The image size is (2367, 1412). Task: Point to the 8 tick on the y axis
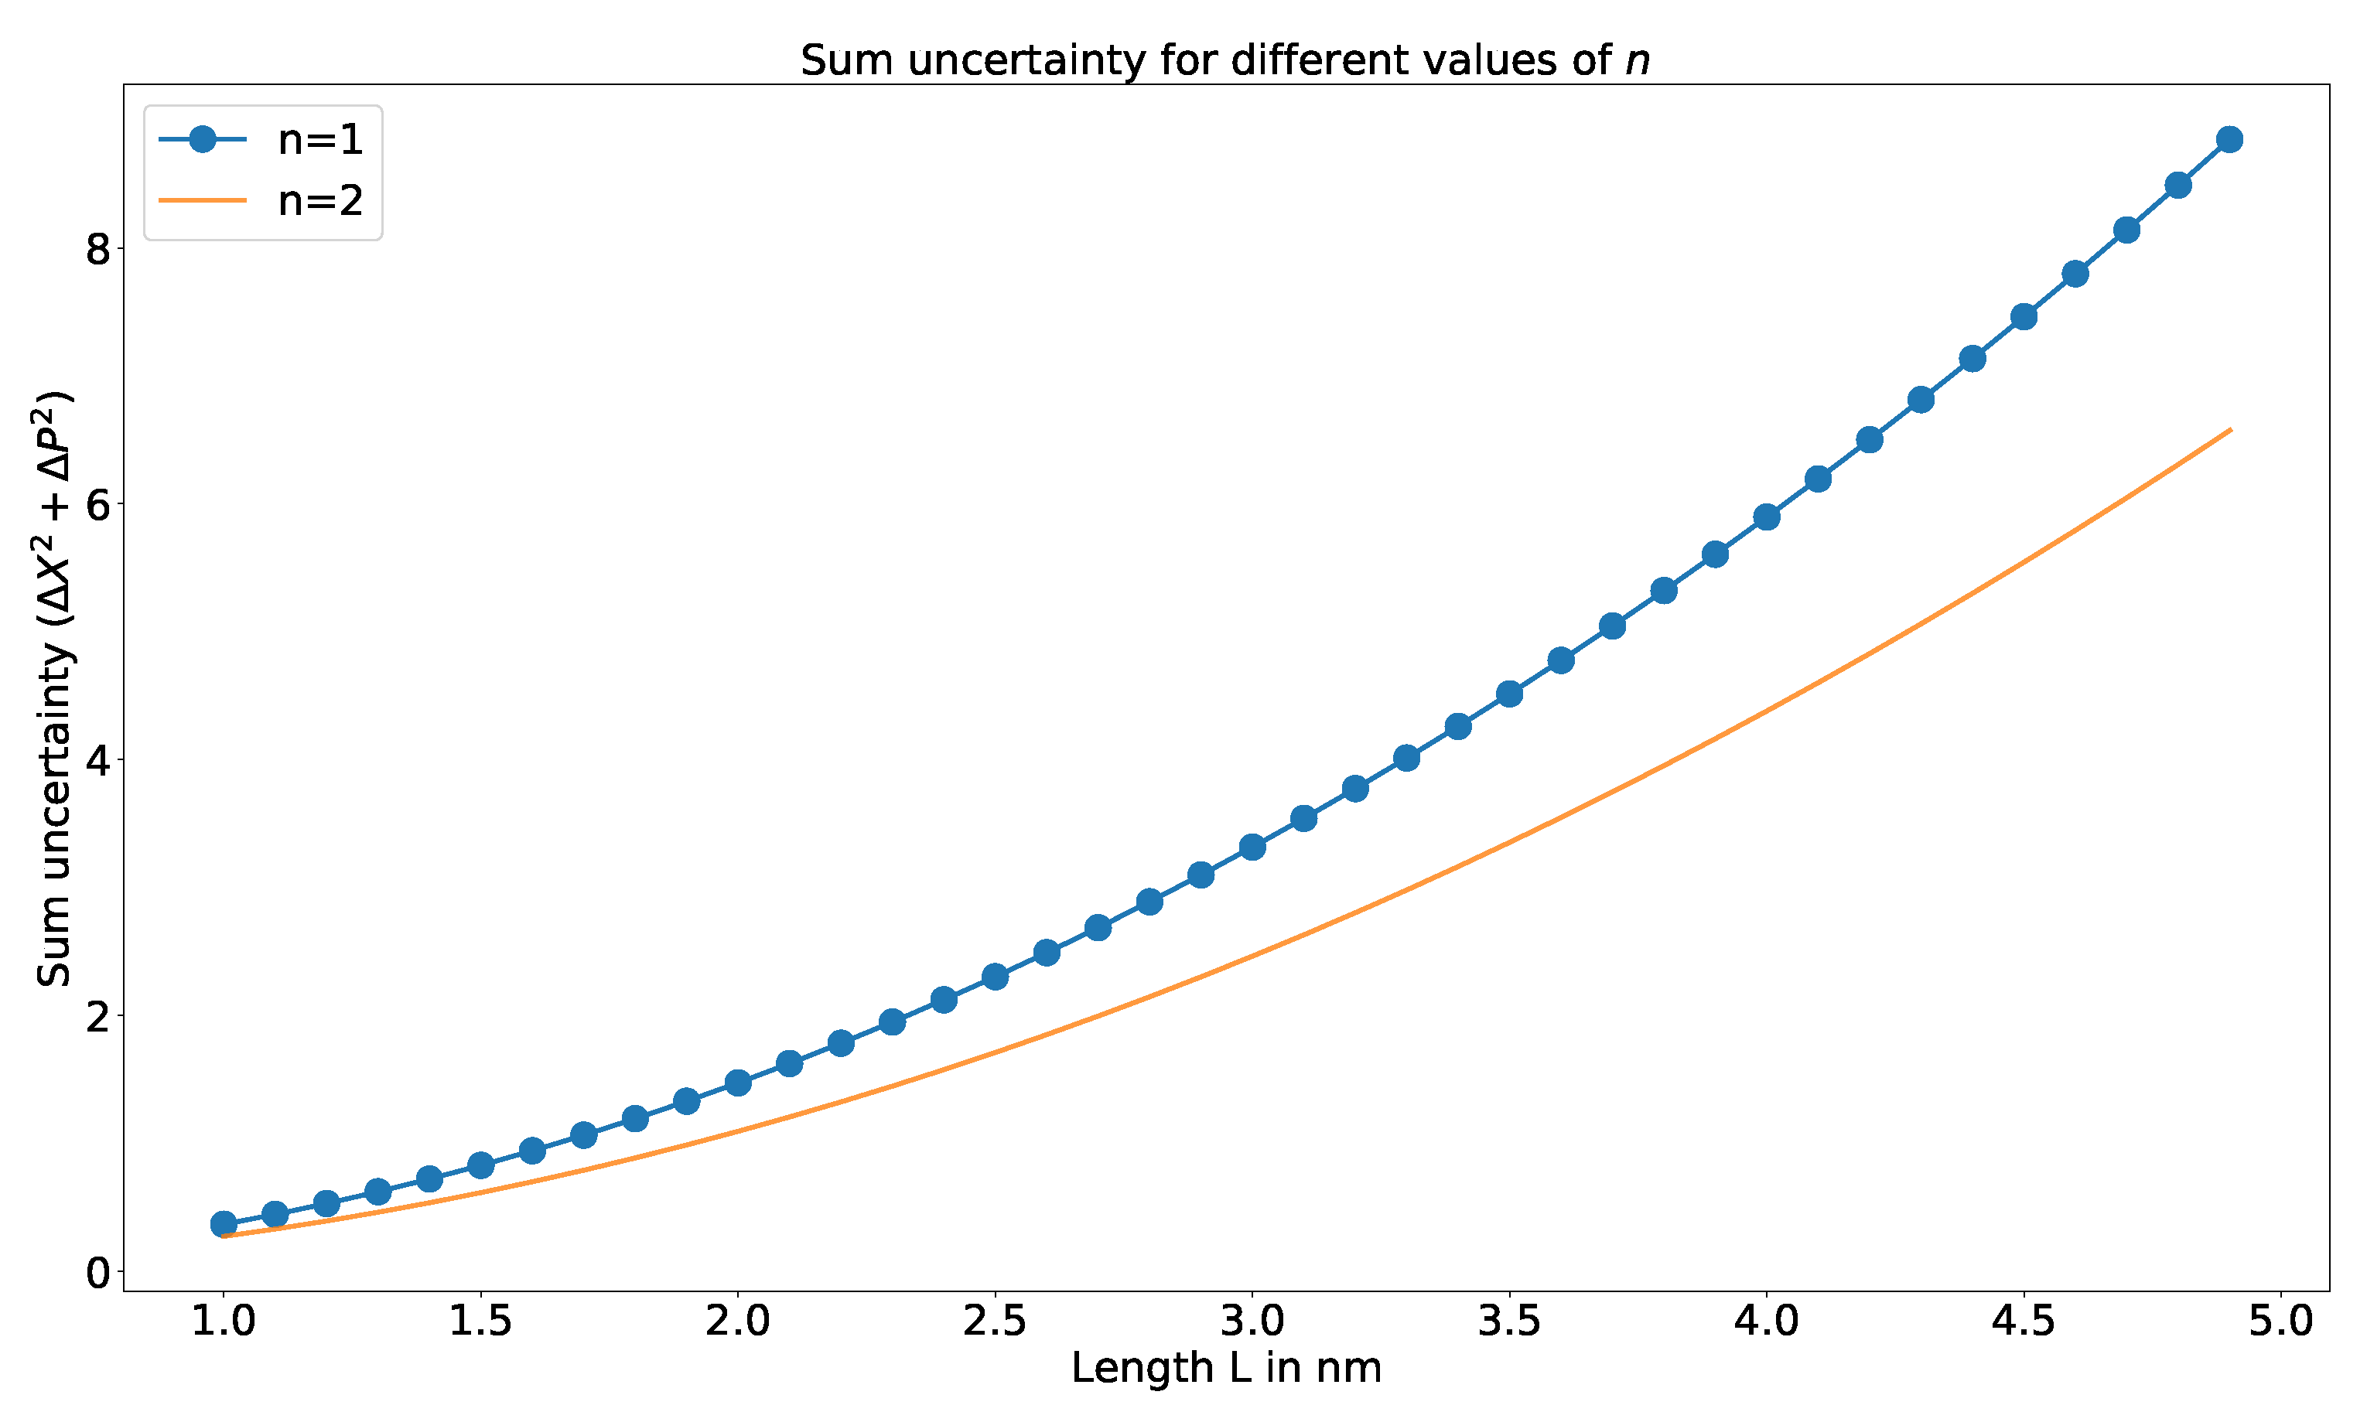point(98,249)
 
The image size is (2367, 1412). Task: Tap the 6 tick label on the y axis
point(98,505)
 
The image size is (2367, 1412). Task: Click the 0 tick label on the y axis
point(98,1272)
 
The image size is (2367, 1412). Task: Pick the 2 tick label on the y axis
point(98,1017)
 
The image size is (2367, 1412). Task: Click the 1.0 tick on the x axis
point(224,1322)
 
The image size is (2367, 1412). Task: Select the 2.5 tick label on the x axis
point(995,1322)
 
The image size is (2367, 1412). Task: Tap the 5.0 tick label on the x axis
point(2280,1322)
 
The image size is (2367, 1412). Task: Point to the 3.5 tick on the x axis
point(1509,1322)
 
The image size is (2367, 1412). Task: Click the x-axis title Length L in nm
point(1226,1368)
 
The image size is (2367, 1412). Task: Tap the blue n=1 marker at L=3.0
point(1252,847)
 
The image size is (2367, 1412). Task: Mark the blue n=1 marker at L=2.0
point(738,1083)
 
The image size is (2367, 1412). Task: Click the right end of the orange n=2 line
point(2229,430)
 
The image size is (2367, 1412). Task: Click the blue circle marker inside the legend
point(203,140)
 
